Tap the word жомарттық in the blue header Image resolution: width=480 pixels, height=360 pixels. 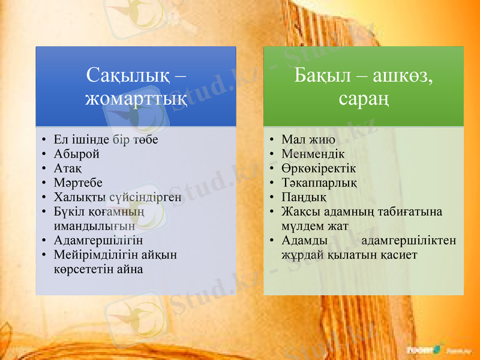point(136,98)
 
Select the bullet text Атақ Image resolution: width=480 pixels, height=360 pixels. point(68,167)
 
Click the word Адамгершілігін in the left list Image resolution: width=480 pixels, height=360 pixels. point(98,241)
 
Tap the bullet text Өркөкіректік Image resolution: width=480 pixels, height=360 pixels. point(319,167)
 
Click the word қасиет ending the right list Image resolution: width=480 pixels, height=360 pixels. point(399,254)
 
